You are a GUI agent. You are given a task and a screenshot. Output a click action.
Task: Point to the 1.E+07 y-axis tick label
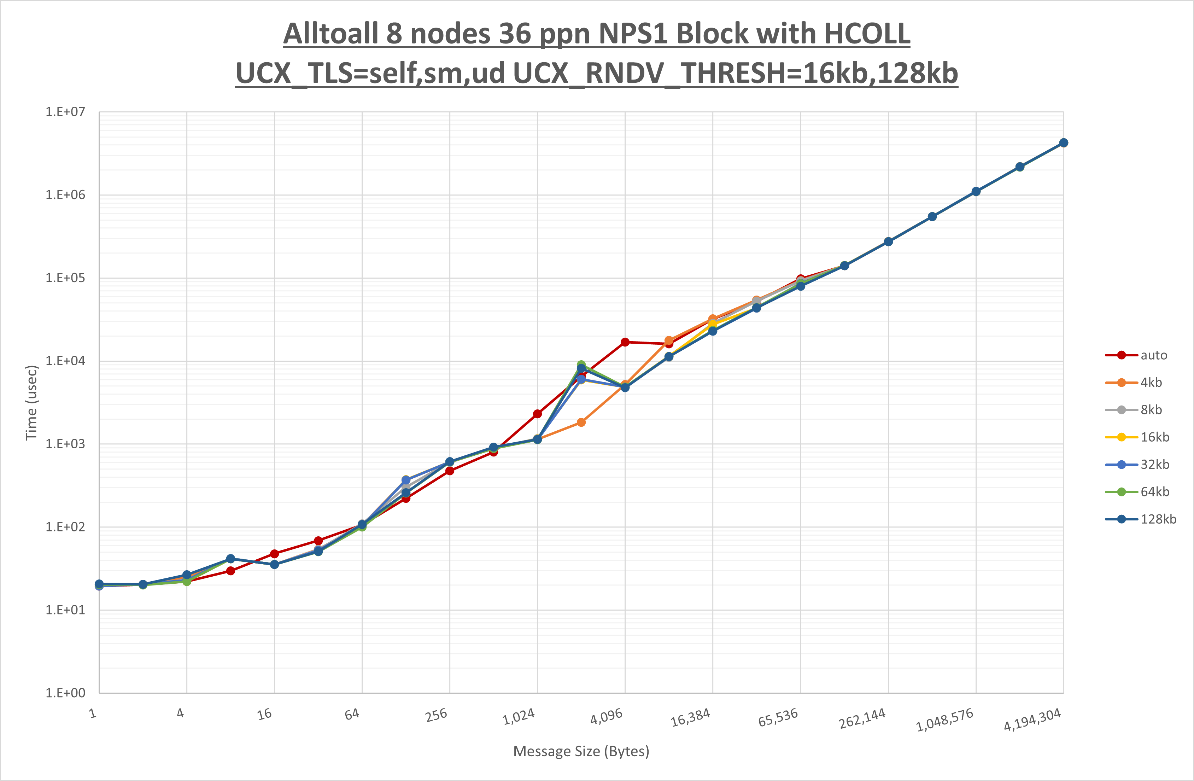[65, 111]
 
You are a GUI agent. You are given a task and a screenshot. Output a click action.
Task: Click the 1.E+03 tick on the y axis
[65, 444]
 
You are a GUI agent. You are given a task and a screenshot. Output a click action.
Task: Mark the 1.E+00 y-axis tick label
[65, 693]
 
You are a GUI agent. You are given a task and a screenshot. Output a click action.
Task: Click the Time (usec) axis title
[31, 403]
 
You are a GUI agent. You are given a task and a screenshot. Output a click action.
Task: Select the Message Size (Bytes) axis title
[581, 751]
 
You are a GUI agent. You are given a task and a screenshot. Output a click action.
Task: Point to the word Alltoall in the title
[330, 34]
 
